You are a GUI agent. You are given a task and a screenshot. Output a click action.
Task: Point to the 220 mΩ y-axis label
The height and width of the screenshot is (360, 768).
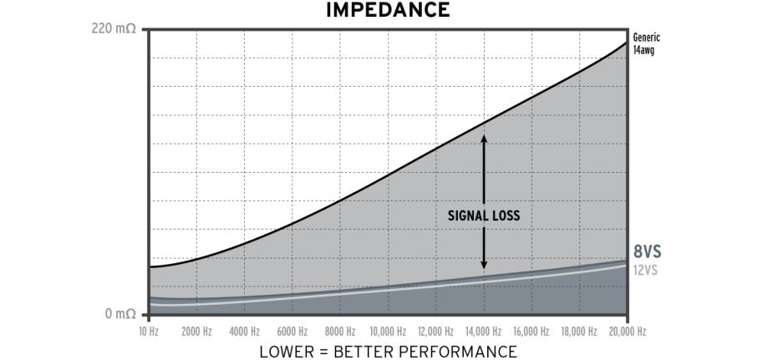[114, 29]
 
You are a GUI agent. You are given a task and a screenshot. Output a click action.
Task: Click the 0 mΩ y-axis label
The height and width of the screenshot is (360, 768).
[120, 314]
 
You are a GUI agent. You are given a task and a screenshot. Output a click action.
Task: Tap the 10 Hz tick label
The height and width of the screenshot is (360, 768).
[148, 331]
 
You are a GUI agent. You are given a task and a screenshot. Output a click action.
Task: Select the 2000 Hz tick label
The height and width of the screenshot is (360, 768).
[196, 331]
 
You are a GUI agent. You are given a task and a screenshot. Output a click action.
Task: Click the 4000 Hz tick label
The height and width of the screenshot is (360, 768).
[244, 331]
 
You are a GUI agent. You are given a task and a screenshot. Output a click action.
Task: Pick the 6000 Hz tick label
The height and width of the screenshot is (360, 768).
[292, 331]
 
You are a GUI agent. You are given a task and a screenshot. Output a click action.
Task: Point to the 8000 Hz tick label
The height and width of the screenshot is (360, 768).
[340, 331]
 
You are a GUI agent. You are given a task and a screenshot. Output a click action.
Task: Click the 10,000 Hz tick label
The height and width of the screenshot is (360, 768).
[388, 331]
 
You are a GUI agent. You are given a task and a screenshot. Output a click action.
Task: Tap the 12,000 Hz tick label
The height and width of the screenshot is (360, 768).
[435, 331]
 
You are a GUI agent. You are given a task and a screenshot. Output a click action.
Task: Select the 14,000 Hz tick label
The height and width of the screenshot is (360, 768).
[484, 331]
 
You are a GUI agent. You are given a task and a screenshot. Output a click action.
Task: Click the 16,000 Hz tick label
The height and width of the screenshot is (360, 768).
[531, 331]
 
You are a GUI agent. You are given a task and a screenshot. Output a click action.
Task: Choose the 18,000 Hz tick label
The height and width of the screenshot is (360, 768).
[580, 331]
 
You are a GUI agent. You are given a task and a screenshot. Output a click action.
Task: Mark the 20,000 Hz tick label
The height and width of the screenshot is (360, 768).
[628, 331]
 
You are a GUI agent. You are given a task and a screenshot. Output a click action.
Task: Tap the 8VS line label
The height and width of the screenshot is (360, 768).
[648, 251]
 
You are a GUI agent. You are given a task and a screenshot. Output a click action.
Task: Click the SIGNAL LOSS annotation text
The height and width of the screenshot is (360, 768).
[484, 215]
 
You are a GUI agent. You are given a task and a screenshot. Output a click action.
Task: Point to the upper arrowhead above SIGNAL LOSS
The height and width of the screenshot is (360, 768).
[484, 138]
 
